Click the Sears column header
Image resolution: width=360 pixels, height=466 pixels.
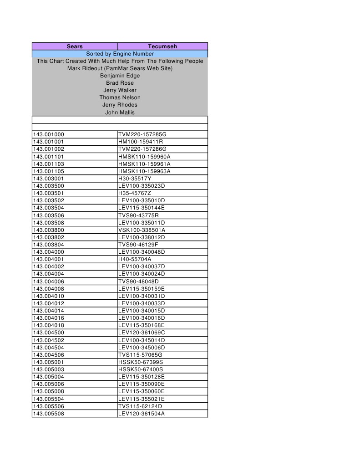(x=74, y=46)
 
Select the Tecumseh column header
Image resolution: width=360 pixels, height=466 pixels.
(x=162, y=46)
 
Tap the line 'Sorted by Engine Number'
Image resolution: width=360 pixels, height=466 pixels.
(x=120, y=54)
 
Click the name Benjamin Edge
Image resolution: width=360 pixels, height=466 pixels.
(x=120, y=76)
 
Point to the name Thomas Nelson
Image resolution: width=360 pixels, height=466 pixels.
(x=120, y=97)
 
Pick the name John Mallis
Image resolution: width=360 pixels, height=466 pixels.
(x=120, y=112)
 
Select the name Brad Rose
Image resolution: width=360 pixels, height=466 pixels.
(x=120, y=83)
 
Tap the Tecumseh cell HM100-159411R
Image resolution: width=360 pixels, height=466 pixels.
(x=141, y=142)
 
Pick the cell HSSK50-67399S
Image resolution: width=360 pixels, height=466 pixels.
(x=141, y=362)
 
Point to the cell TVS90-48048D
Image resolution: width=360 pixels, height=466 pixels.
(x=138, y=282)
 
